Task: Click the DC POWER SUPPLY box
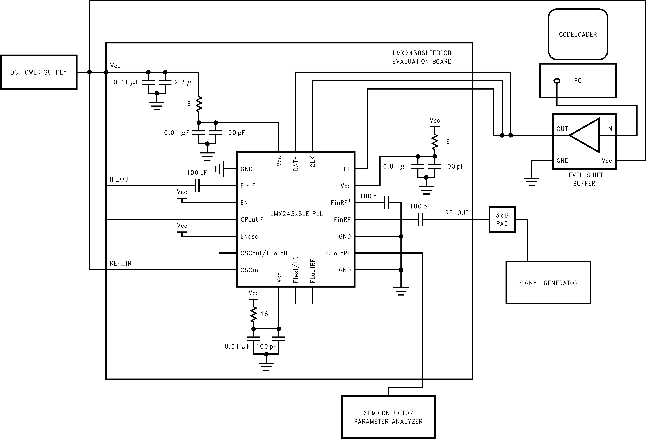pyautogui.click(x=39, y=72)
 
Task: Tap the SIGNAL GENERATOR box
pyautogui.click(x=548, y=283)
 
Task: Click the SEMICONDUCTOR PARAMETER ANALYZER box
pyautogui.click(x=388, y=417)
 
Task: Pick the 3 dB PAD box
pyautogui.click(x=502, y=219)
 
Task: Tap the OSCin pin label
pyautogui.click(x=249, y=270)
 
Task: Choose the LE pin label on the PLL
pyautogui.click(x=347, y=169)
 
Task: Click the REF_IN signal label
pyautogui.click(x=121, y=263)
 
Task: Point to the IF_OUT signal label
pyautogui.click(x=121, y=179)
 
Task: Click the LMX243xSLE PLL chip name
pyautogui.click(x=296, y=214)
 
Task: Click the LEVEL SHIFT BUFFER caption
pyautogui.click(x=584, y=179)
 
